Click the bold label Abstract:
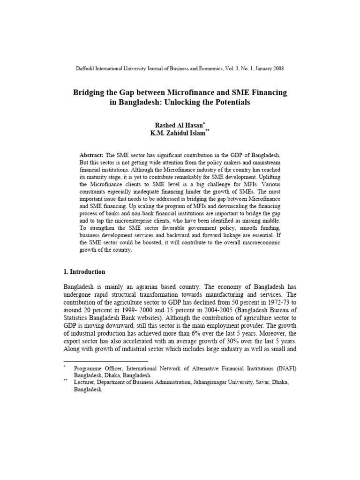pyautogui.click(x=91, y=155)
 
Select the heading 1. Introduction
pyautogui.click(x=84, y=272)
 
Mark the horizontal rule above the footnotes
pyautogui.click(x=105, y=361)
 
